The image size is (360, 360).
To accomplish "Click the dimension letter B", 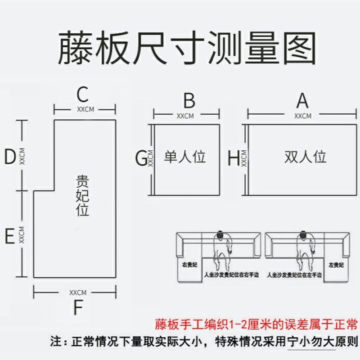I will pyautogui.click(x=189, y=101).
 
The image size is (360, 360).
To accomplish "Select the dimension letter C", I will pyautogui.click(x=82, y=94).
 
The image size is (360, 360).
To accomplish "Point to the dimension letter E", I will pyautogui.click(x=10, y=237).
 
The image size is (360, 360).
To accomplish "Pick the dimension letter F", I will pyautogui.click(x=78, y=308).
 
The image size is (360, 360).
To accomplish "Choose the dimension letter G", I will pyautogui.click(x=141, y=158).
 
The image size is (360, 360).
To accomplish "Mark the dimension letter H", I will pyautogui.click(x=234, y=158).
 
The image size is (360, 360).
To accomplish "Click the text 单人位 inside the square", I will pyautogui.click(x=184, y=157).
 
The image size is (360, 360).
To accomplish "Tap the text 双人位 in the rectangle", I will pyautogui.click(x=305, y=157).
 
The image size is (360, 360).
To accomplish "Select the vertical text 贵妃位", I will pyautogui.click(x=82, y=196).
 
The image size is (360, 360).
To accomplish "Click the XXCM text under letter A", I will pyautogui.click(x=302, y=116).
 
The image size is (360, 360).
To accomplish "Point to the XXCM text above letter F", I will pyautogui.click(x=77, y=292).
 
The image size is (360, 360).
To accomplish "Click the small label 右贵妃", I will pyautogui.click(x=189, y=265).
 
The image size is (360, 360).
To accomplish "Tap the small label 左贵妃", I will pyautogui.click(x=336, y=265).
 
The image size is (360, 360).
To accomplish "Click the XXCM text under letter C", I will pyautogui.click(x=85, y=109).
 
